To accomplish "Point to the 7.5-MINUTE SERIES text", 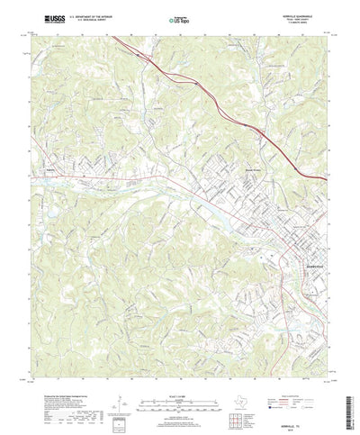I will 298,22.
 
